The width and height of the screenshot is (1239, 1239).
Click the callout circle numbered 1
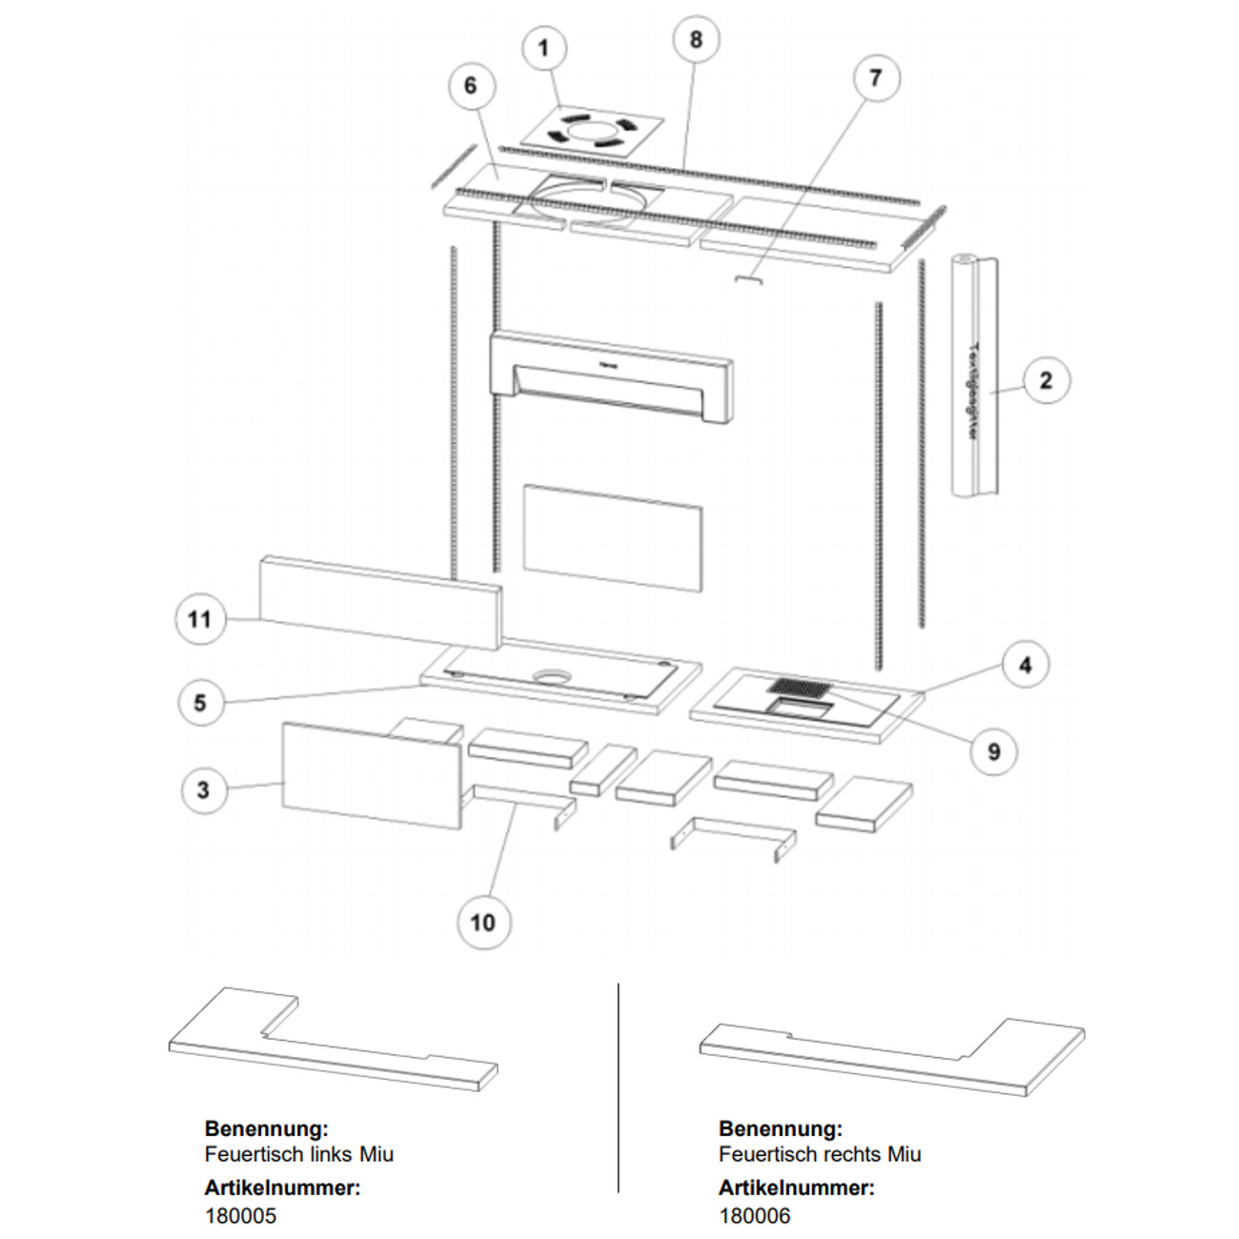click(544, 48)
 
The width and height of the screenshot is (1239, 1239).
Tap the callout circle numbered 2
click(1046, 380)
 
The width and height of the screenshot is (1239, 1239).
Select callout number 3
click(203, 790)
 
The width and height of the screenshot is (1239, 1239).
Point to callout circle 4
click(1025, 664)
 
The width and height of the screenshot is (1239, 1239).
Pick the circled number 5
click(200, 702)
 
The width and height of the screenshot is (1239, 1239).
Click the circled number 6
click(470, 86)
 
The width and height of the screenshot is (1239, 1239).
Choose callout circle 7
click(875, 77)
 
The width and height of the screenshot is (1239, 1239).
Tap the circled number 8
click(696, 39)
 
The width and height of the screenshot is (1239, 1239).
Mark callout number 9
click(994, 751)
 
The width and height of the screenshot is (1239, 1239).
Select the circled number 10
click(483, 922)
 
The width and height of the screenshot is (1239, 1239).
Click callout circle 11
click(199, 619)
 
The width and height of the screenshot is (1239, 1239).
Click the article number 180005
click(240, 1215)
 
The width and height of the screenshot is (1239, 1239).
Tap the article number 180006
click(754, 1215)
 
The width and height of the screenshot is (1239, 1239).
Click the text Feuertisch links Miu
click(298, 1154)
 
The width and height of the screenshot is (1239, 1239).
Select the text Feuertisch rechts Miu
click(820, 1154)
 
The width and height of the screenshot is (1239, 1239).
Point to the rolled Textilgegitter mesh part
click(974, 376)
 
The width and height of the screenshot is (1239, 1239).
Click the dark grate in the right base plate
click(799, 686)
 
